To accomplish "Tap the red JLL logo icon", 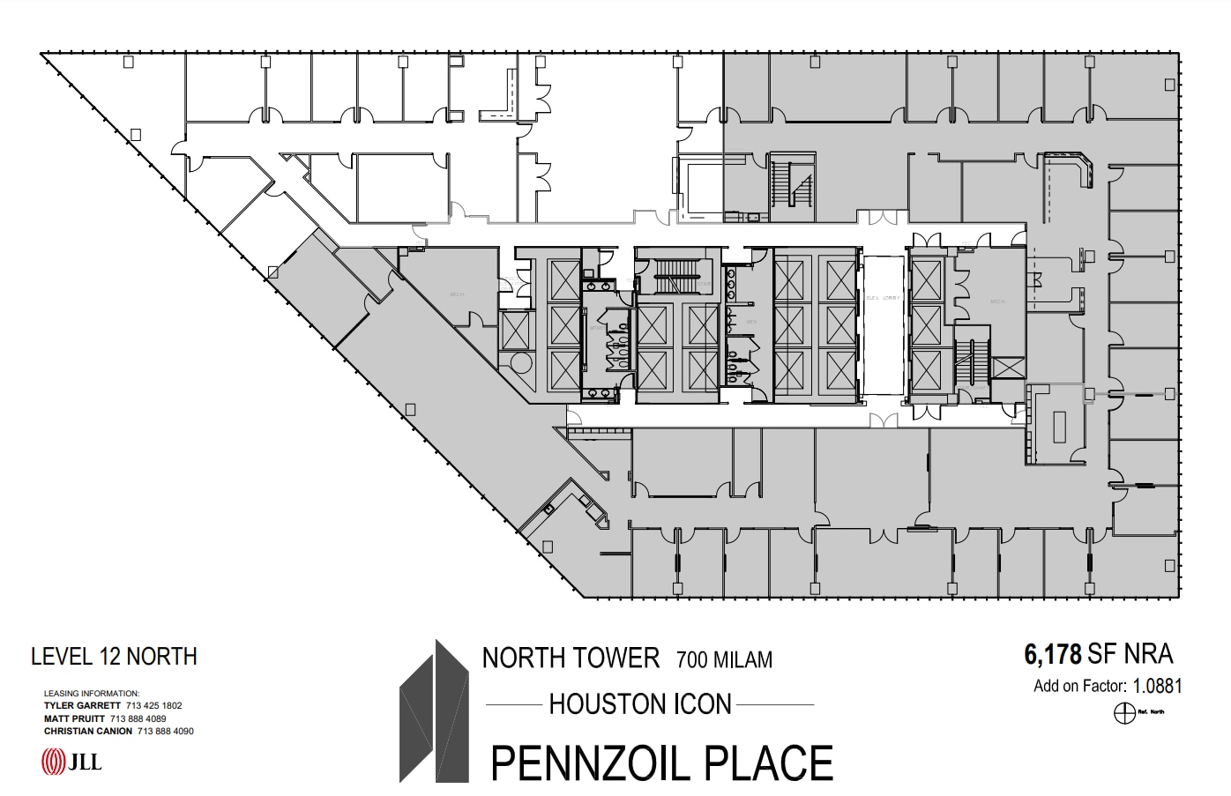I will tap(54, 761).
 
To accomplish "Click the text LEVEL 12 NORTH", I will tap(114, 657).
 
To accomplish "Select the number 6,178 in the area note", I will tap(1053, 654).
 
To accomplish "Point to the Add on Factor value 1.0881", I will tap(1157, 686).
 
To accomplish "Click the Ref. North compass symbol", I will tap(1124, 713).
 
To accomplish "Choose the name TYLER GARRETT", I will tap(82, 705).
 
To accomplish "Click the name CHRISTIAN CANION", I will tap(88, 731).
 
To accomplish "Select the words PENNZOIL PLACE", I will tap(661, 763).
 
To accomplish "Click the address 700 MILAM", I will tap(724, 659).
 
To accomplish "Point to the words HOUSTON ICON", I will tap(640, 704).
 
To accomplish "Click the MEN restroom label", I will tap(751, 322).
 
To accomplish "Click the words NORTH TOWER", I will tap(571, 658).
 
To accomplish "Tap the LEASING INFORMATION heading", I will tap(92, 694).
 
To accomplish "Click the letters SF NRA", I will tap(1130, 654).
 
